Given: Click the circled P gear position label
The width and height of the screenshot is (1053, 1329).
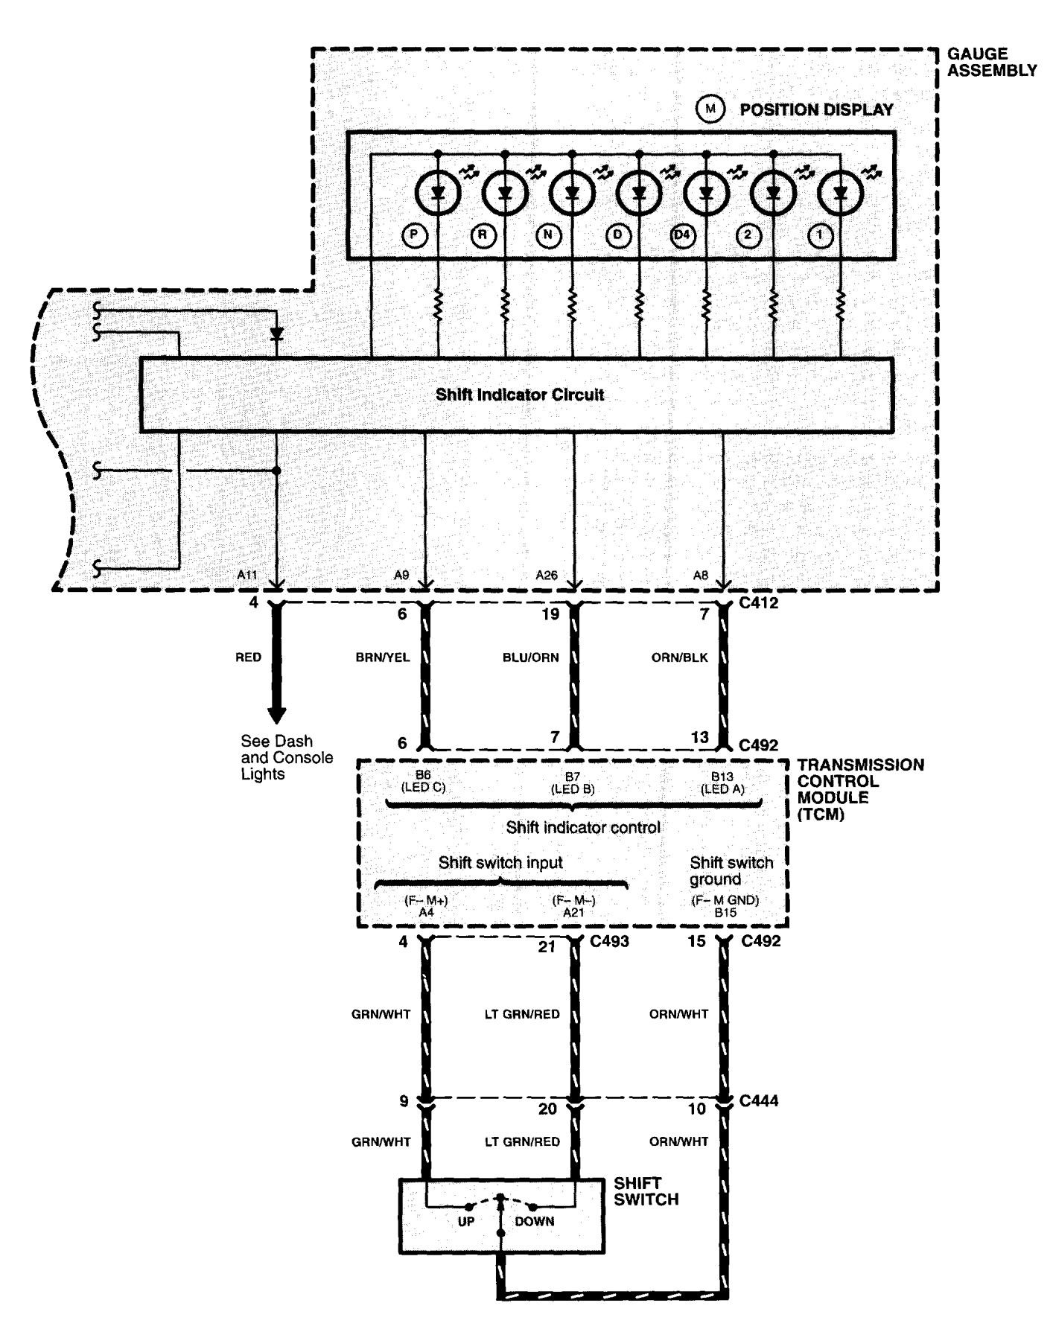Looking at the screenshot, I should point(413,235).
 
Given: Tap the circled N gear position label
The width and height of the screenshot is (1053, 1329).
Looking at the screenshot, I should point(548,235).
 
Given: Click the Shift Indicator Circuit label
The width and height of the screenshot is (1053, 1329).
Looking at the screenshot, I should point(519,395).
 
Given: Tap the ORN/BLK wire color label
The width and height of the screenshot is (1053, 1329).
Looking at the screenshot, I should point(678,657).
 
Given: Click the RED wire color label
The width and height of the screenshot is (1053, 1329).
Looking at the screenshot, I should point(248,657).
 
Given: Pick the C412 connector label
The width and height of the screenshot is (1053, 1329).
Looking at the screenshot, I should point(759,603).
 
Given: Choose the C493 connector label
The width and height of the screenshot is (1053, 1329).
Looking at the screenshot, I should point(609,941).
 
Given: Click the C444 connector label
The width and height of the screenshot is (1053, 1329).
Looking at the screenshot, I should point(759,1100).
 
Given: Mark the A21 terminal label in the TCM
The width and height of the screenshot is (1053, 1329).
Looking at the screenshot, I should point(573,911).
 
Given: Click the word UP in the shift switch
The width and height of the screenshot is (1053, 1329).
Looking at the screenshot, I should point(465,1221).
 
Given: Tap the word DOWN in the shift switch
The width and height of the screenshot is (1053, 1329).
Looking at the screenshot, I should point(534,1221).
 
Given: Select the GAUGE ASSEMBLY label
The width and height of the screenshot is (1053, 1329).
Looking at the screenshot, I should point(991,62).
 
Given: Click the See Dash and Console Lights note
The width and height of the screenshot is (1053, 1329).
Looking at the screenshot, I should point(286,757).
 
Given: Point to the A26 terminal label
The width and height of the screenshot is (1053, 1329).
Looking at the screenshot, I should point(547,575).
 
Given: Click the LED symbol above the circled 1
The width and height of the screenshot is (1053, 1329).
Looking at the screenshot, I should point(840,194).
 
